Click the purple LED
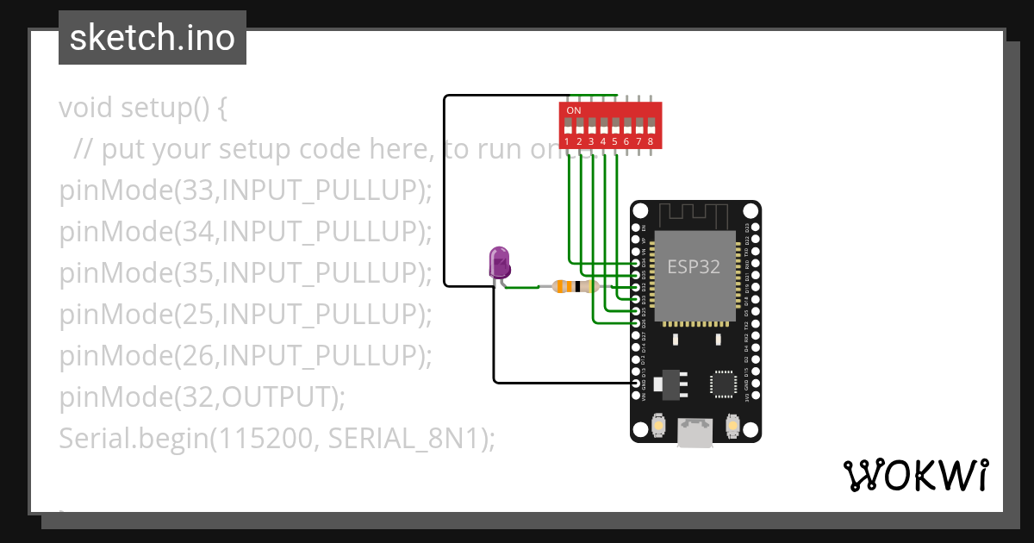(x=499, y=262)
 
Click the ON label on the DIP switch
(x=574, y=111)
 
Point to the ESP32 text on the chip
(x=694, y=266)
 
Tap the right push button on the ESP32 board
(x=733, y=426)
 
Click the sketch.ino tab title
(x=153, y=38)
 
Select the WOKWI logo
(x=915, y=475)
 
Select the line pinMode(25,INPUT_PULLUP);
(x=245, y=315)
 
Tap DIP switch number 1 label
(x=568, y=141)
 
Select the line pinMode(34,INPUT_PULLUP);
(x=245, y=232)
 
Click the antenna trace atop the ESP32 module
(x=695, y=214)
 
